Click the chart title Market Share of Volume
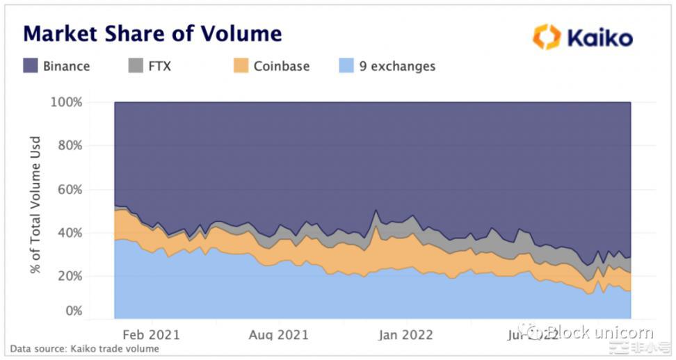click(x=152, y=33)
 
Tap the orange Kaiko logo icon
click(x=547, y=37)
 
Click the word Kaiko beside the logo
click(x=599, y=38)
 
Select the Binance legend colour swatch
click(x=31, y=67)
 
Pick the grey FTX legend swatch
click(x=136, y=67)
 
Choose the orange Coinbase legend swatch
click(x=241, y=67)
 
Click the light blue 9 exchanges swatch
click(x=346, y=67)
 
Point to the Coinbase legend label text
click(x=281, y=67)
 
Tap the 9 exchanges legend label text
click(x=397, y=67)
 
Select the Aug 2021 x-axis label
click(x=278, y=335)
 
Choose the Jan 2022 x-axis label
click(x=407, y=335)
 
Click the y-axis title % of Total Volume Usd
click(x=35, y=206)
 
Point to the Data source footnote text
click(x=84, y=349)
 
